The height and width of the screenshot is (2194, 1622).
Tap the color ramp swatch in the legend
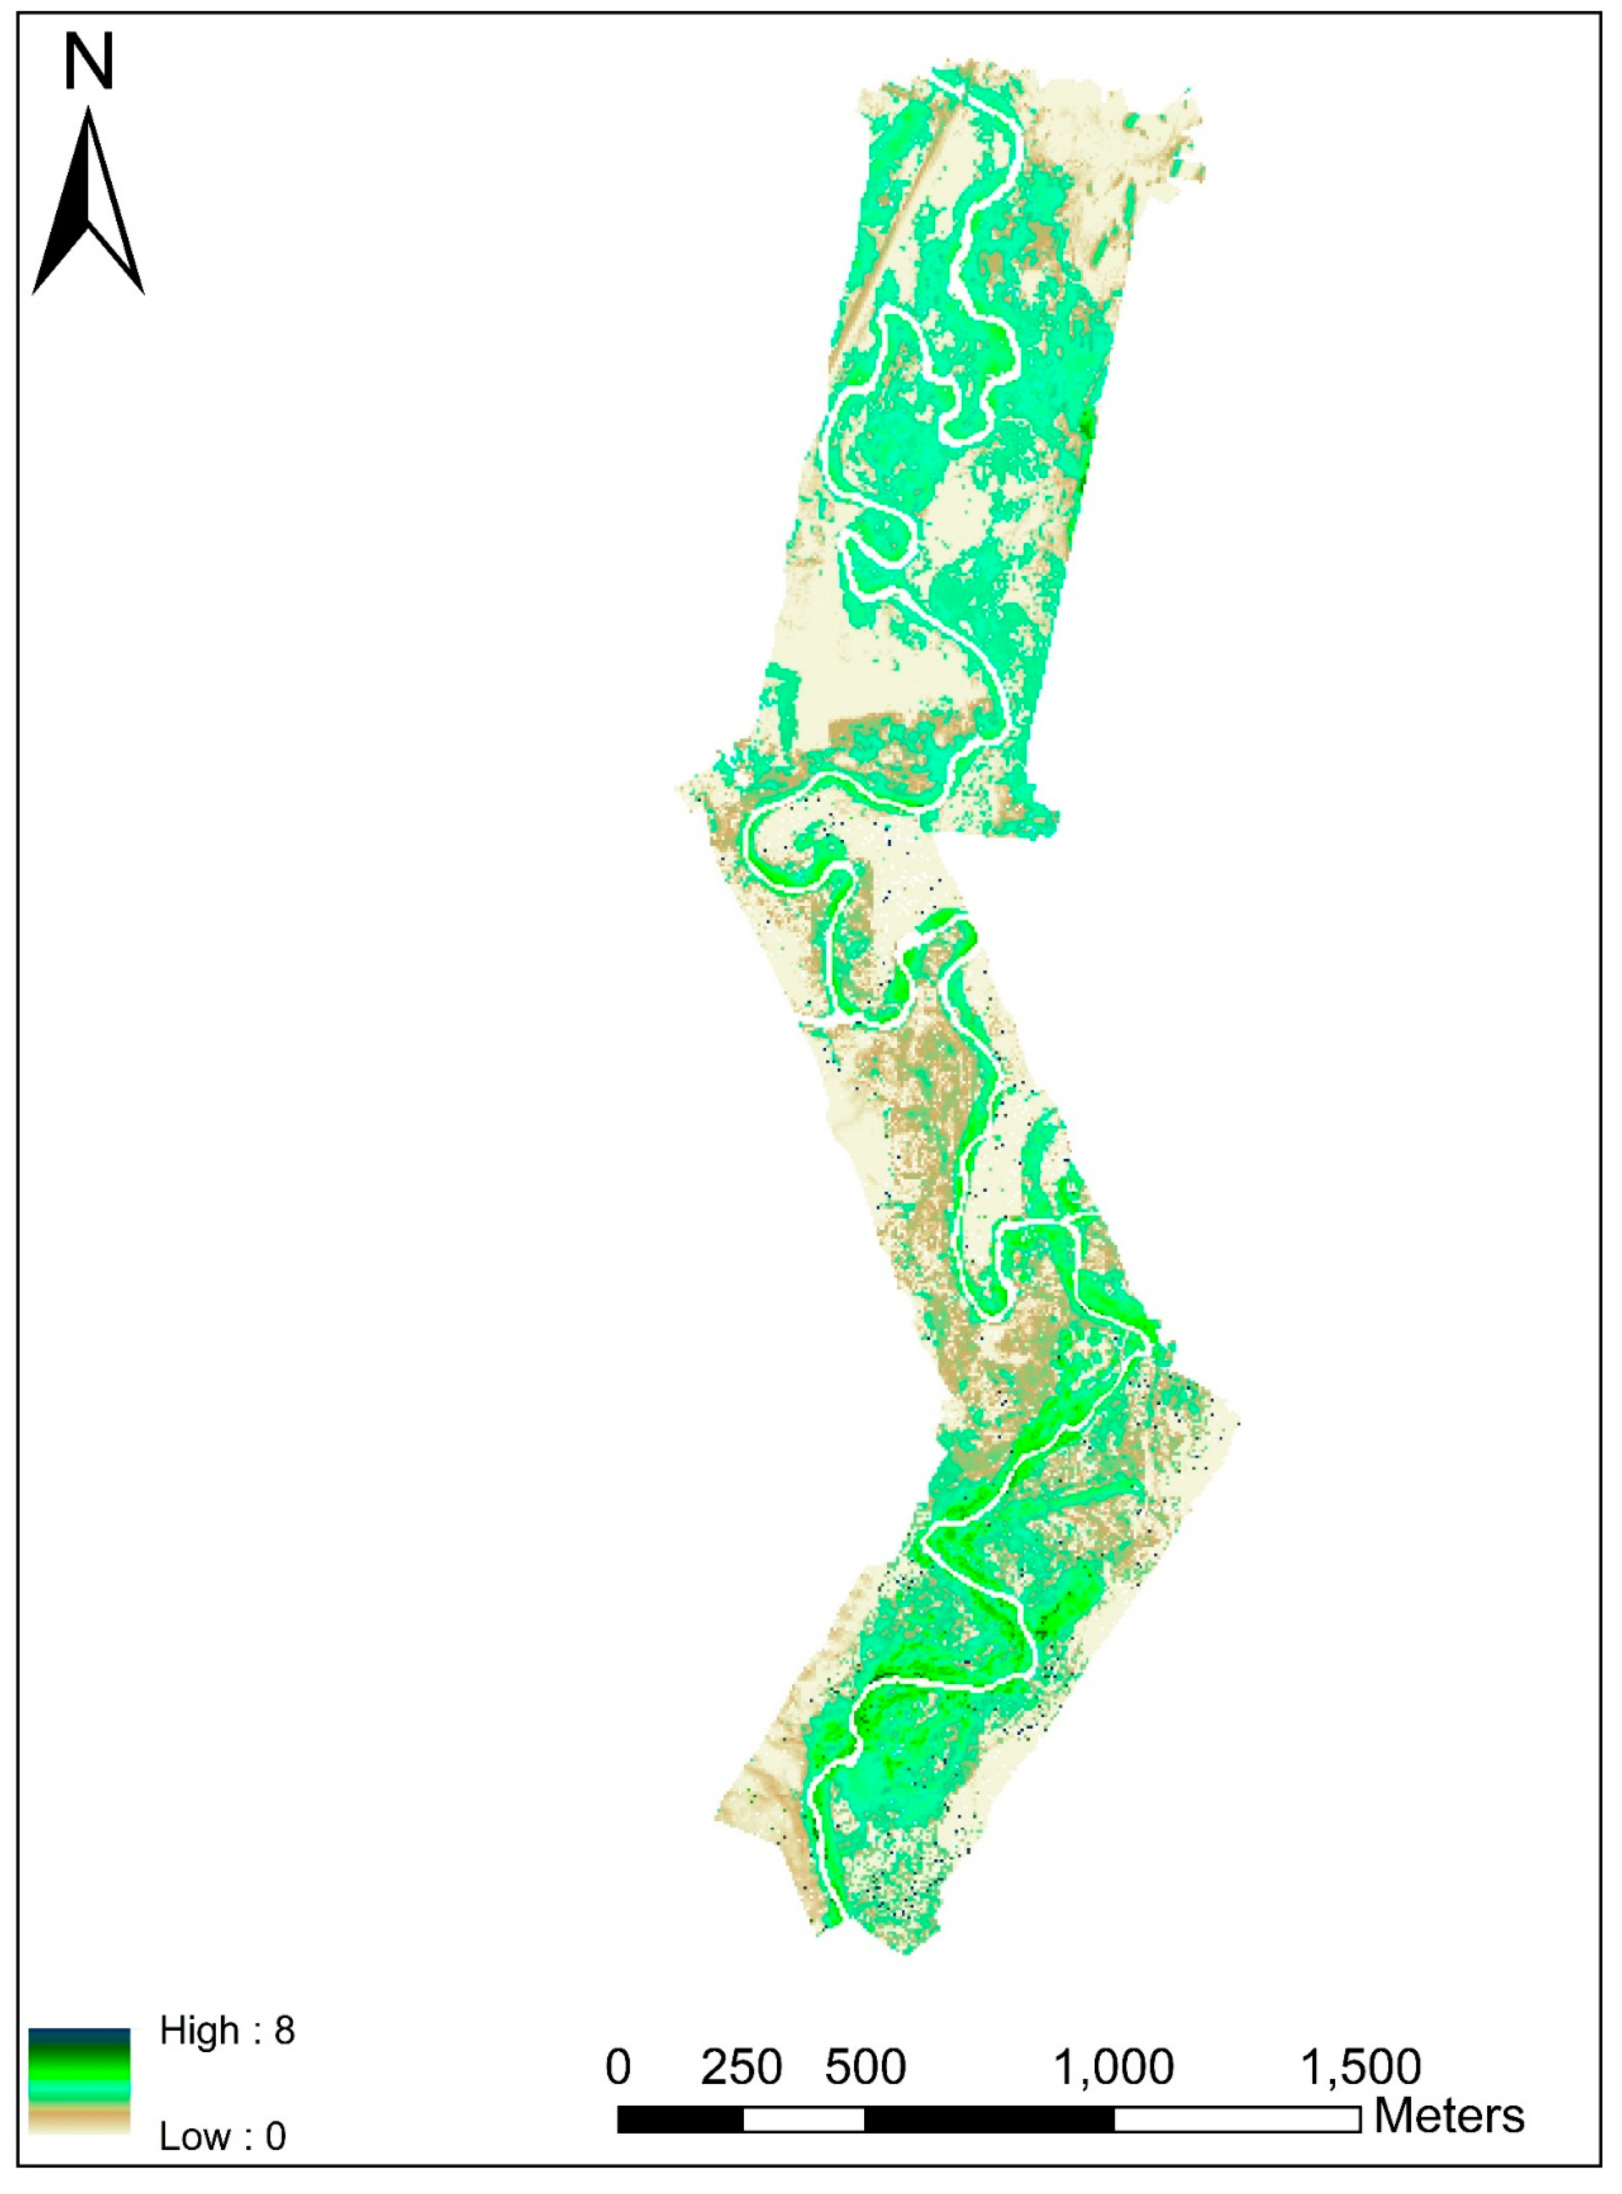click(79, 2082)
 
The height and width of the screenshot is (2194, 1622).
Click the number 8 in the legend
click(285, 2030)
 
